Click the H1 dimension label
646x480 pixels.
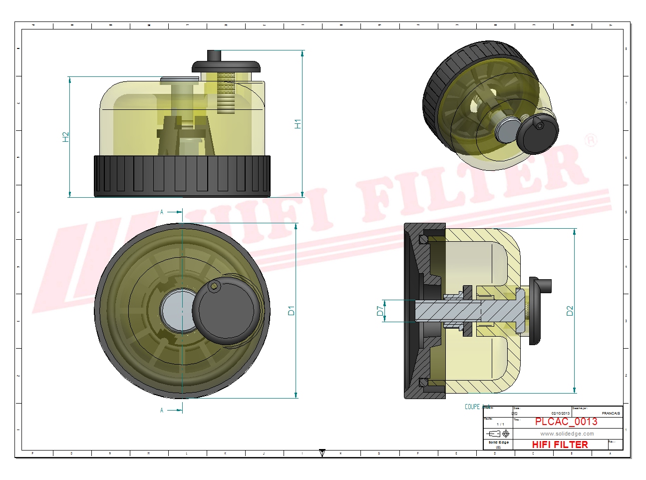(298, 124)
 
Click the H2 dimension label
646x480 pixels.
(65, 136)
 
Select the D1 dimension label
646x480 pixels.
(291, 310)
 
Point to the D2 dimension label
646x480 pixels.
(570, 311)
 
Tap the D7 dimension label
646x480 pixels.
(380, 311)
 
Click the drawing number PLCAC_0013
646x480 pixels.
(566, 422)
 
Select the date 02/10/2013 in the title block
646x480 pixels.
(560, 413)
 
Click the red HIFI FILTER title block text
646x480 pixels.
(560, 444)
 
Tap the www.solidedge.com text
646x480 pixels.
(567, 434)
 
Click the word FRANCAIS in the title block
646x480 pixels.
(611, 413)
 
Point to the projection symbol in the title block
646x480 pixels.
(499, 433)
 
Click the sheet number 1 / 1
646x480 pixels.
(500, 424)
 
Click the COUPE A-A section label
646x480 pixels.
(477, 407)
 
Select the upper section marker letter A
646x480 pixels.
(162, 212)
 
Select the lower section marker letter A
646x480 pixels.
(162, 410)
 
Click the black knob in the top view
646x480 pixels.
(226, 310)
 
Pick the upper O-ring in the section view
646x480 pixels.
(424, 239)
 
